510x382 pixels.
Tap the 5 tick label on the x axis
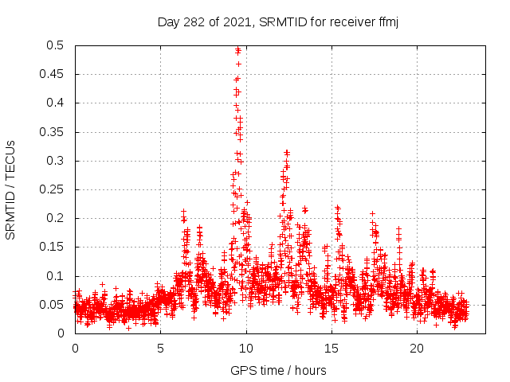160,349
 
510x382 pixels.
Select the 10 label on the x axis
246,349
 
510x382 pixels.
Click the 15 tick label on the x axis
331,349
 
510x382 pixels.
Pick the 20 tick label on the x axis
417,349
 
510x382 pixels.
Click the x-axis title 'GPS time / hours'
278,370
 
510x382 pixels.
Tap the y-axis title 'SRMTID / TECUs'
10,189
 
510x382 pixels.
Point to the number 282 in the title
194,21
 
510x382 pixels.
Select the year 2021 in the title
234,21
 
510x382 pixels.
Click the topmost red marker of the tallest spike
237,49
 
